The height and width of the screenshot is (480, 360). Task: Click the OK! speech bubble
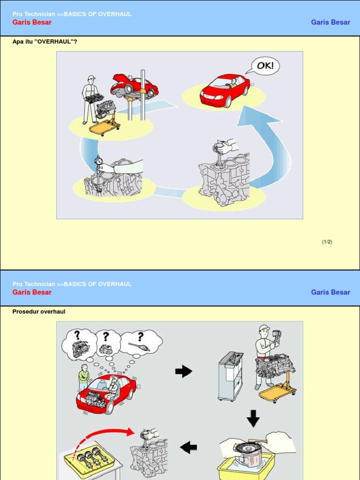(265, 66)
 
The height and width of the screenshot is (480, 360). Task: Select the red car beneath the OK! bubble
(225, 90)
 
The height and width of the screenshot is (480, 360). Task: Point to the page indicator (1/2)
(327, 242)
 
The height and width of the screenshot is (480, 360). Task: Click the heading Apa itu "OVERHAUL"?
(45, 42)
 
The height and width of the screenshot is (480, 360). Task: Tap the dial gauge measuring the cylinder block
(98, 162)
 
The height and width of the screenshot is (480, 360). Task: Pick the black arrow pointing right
(184, 372)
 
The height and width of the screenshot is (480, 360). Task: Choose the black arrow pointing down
(253, 418)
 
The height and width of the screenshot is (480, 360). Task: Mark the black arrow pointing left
(188, 448)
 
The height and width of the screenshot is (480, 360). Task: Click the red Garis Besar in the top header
(32, 22)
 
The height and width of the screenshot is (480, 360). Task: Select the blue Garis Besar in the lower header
(330, 292)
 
